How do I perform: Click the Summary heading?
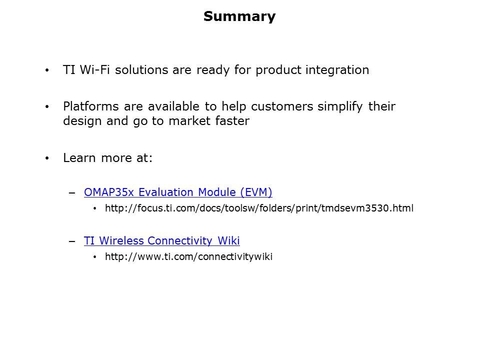pyautogui.click(x=239, y=16)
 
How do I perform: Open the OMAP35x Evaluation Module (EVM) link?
pyautogui.click(x=178, y=192)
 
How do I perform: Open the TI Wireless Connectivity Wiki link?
pyautogui.click(x=162, y=241)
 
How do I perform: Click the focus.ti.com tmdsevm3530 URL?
pyautogui.click(x=259, y=208)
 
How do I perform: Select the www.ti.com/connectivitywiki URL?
pyautogui.click(x=189, y=256)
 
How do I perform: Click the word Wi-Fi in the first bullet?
pyautogui.click(x=94, y=70)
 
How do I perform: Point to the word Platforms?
pyautogui.click(x=91, y=106)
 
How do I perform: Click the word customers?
pyautogui.click(x=282, y=106)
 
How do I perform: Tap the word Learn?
pyautogui.click(x=79, y=158)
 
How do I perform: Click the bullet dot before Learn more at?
pyautogui.click(x=47, y=158)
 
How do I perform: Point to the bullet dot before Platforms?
pyautogui.click(x=47, y=107)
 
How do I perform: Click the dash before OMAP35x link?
pyautogui.click(x=72, y=193)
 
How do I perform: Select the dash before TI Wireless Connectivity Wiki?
pyautogui.click(x=72, y=241)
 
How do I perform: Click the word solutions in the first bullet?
pyautogui.click(x=141, y=70)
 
